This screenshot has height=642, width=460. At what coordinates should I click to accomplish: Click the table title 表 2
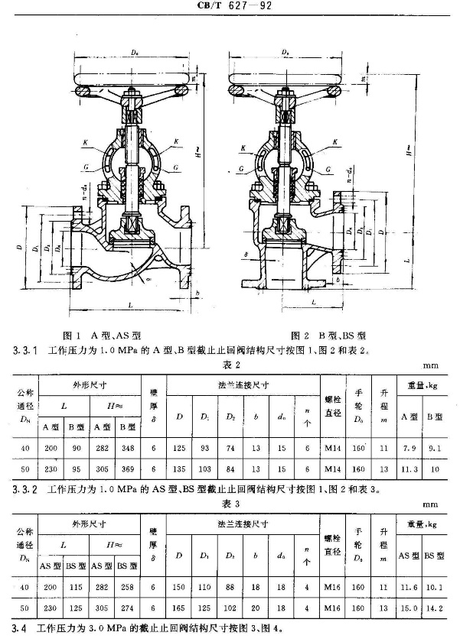coord(230,364)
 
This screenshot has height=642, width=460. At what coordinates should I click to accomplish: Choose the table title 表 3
coord(230,506)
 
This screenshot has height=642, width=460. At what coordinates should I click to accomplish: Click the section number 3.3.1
coord(23,351)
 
